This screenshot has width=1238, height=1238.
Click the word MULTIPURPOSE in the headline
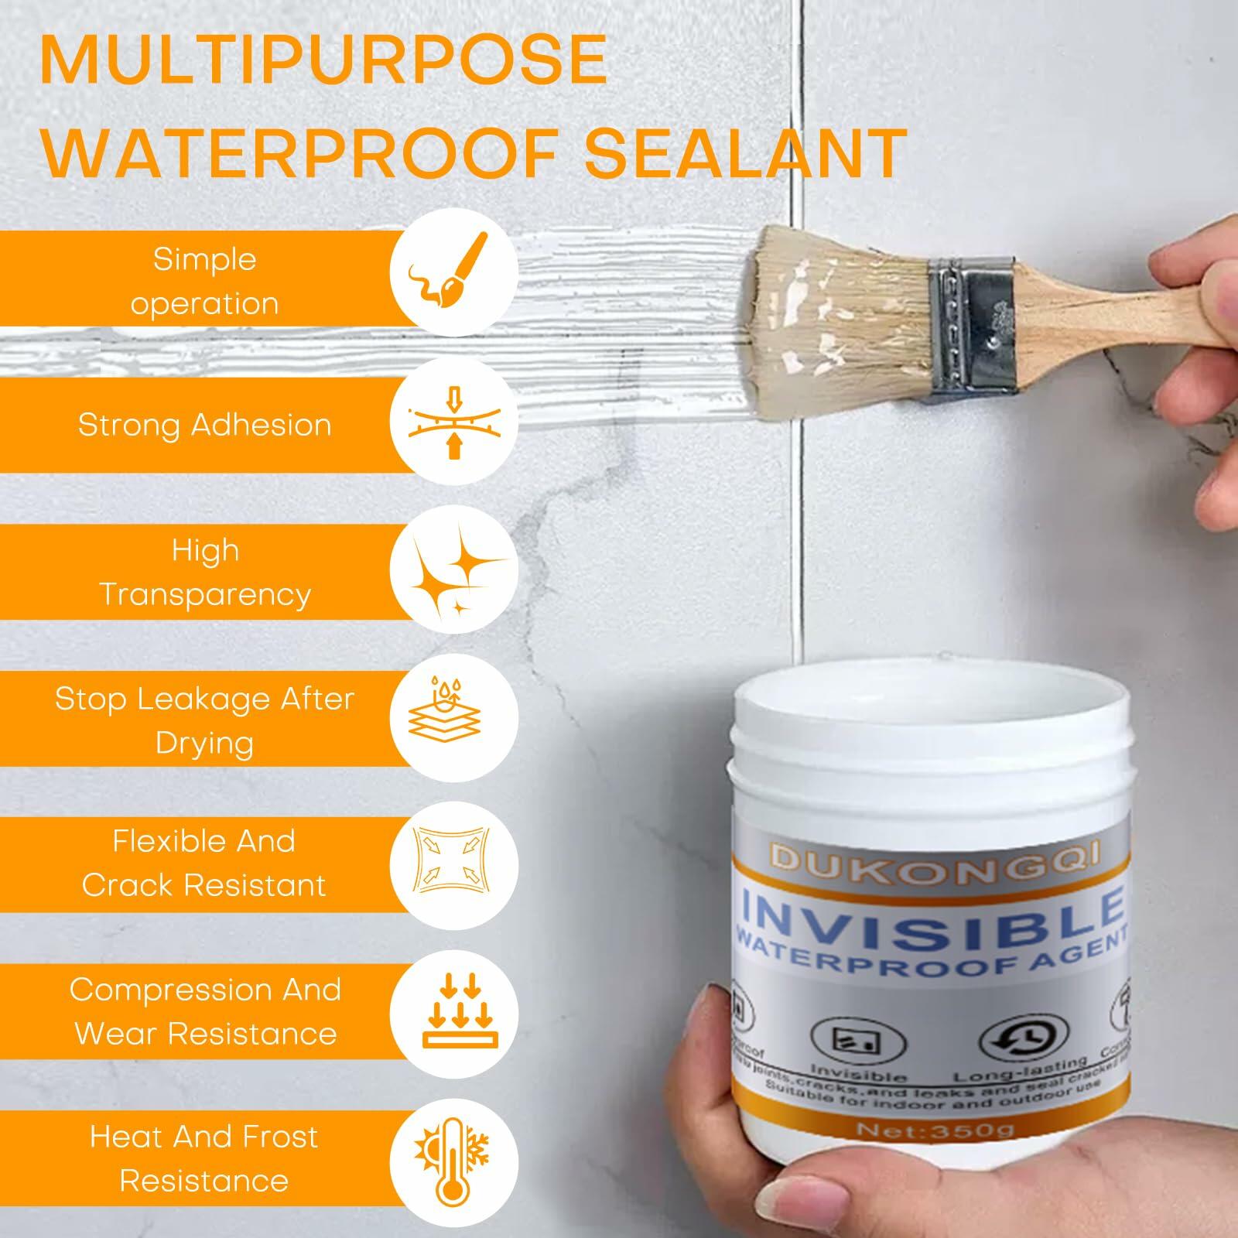coord(323,60)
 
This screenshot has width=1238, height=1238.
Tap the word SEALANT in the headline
coord(744,153)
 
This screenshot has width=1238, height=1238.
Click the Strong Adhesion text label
coord(204,425)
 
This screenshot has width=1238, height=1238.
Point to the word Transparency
coord(205,594)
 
